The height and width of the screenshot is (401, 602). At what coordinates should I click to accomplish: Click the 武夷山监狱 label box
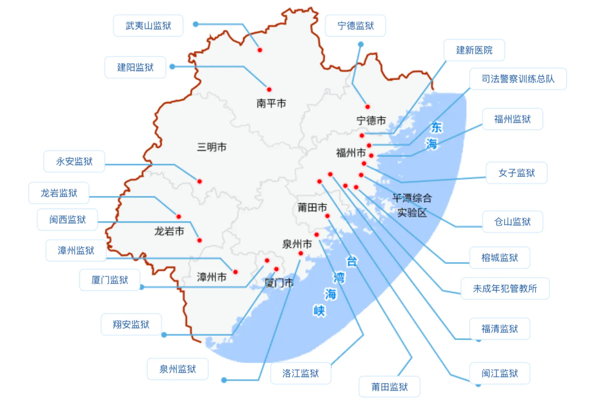click(x=148, y=26)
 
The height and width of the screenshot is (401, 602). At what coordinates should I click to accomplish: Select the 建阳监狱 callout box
click(x=135, y=68)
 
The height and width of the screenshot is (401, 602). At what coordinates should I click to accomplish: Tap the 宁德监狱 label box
click(x=355, y=26)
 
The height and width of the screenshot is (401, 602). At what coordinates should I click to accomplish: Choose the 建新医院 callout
click(x=474, y=50)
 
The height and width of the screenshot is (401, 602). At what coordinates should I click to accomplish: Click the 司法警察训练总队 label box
click(x=518, y=79)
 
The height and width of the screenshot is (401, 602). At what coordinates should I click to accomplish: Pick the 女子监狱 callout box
click(x=516, y=173)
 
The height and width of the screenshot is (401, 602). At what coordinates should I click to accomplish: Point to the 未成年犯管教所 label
click(x=505, y=288)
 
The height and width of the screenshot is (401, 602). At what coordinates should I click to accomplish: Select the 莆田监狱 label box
click(x=389, y=387)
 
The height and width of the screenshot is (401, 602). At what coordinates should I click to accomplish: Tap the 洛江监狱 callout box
click(x=300, y=373)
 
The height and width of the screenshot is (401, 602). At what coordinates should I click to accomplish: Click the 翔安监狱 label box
click(x=131, y=324)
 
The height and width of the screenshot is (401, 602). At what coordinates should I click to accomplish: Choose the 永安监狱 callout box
click(x=74, y=161)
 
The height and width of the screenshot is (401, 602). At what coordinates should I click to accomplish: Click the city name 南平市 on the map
click(x=271, y=103)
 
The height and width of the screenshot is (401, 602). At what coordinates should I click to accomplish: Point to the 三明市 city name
click(x=212, y=147)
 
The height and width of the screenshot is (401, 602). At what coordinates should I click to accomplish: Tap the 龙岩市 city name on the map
click(x=169, y=231)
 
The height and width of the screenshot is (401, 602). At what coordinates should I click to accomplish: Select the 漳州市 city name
click(x=212, y=277)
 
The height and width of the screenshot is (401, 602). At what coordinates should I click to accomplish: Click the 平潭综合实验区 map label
click(x=412, y=205)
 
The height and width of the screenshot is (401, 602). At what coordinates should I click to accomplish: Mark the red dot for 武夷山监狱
click(x=260, y=50)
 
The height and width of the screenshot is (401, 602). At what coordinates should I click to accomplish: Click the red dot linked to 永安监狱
click(x=200, y=181)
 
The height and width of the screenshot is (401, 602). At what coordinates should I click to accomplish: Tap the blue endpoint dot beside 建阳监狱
click(x=173, y=67)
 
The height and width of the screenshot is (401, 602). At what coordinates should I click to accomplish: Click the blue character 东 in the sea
click(x=436, y=127)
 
